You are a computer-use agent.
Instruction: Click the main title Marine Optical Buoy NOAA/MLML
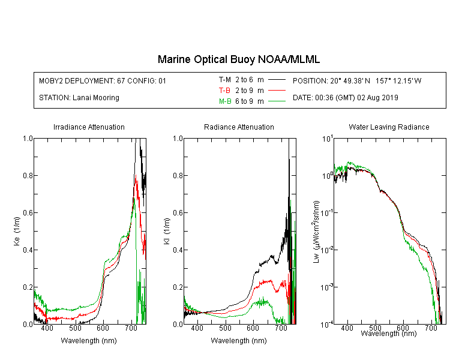pyautogui.click(x=238, y=59)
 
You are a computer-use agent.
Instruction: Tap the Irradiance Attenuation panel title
pyautogui.click(x=89, y=127)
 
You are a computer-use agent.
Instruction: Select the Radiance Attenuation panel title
pyautogui.click(x=239, y=127)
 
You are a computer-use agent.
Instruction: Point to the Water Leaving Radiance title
pyautogui.click(x=389, y=127)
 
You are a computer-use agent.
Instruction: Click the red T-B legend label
pyautogui.click(x=224, y=91)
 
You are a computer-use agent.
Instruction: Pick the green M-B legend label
pyautogui.click(x=225, y=101)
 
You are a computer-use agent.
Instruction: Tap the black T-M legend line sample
pyautogui.click(x=277, y=80)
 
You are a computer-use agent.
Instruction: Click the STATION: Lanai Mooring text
pyautogui.click(x=79, y=98)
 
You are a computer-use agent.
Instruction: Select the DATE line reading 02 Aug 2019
pyautogui.click(x=345, y=98)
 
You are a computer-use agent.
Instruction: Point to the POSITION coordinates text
pyautogui.click(x=357, y=80)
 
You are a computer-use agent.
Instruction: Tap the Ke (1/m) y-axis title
pyautogui.click(x=17, y=231)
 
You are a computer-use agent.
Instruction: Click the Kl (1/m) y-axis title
pyautogui.click(x=167, y=231)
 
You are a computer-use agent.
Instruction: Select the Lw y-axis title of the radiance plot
pyautogui.click(x=316, y=232)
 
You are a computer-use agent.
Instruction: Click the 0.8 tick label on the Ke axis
pyautogui.click(x=28, y=175)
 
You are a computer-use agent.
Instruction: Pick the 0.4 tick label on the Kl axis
pyautogui.click(x=178, y=250)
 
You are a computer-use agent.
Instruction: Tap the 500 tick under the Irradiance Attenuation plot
pyautogui.click(x=75, y=328)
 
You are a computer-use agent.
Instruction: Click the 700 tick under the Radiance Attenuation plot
pyautogui.click(x=281, y=328)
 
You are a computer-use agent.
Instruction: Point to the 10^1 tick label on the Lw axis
pyautogui.click(x=328, y=139)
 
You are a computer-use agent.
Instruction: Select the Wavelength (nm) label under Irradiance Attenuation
pyautogui.click(x=89, y=341)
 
